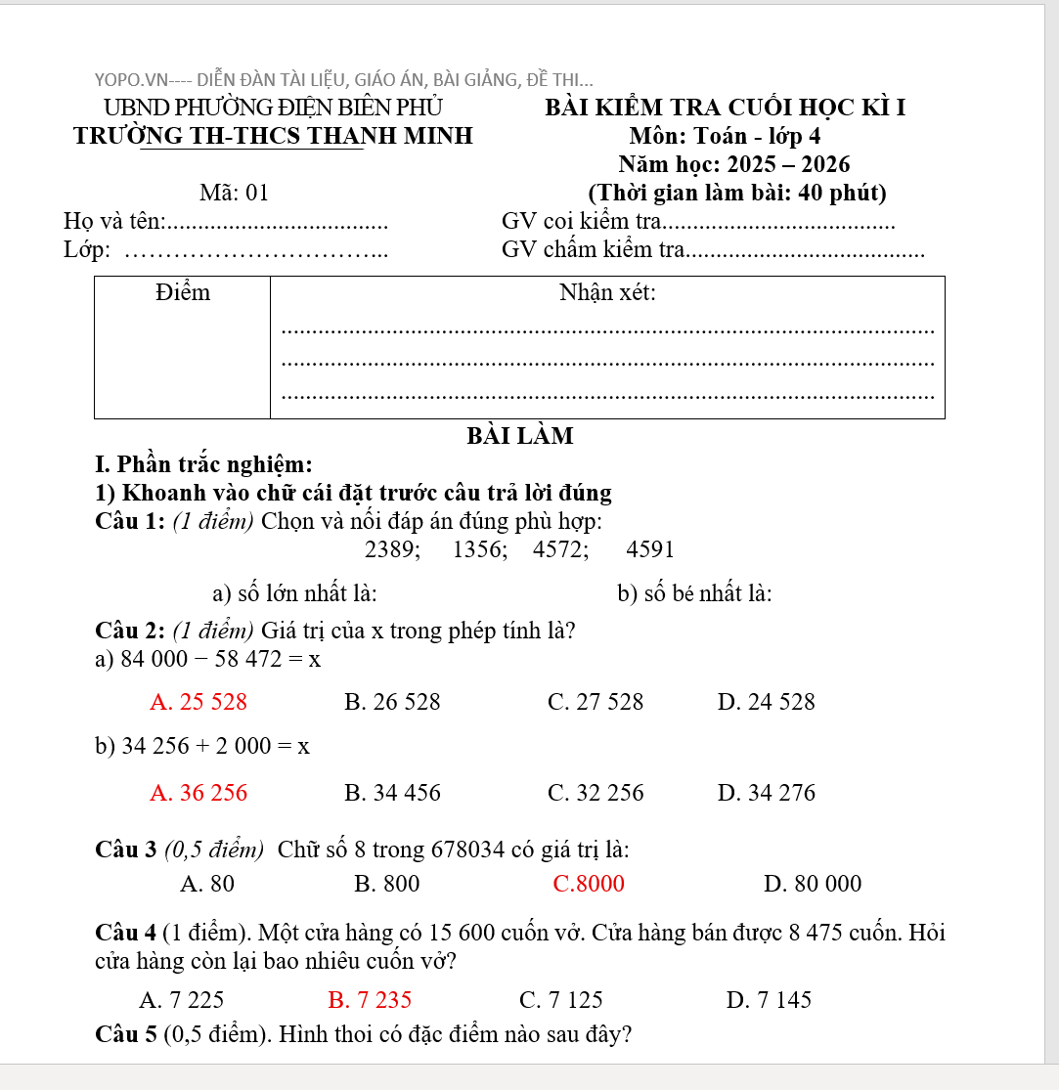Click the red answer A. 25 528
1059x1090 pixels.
coord(199,702)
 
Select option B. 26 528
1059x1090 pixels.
coord(392,702)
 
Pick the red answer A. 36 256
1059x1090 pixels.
coord(199,793)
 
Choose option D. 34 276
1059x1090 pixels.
coord(766,793)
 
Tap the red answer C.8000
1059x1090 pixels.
coord(588,884)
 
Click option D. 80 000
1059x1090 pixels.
coord(813,884)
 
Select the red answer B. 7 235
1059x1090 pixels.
coord(370,999)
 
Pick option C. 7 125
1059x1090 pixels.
coord(561,999)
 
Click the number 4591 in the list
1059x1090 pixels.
coord(650,549)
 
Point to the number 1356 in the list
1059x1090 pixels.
coord(479,549)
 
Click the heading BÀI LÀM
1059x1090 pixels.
coord(520,436)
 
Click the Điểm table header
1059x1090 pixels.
coord(183,292)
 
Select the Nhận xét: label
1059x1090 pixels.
coord(607,292)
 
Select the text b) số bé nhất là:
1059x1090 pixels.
coord(694,593)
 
